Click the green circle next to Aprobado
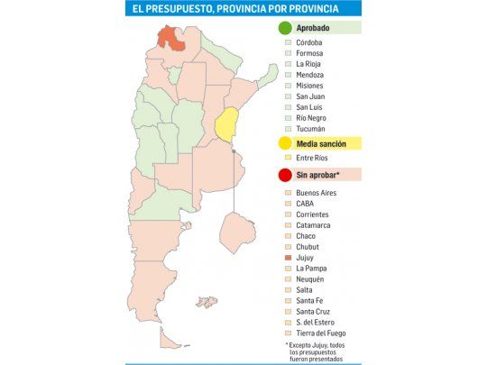(285, 28)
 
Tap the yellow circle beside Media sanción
(285, 143)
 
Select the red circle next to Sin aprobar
(285, 175)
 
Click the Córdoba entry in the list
(308, 42)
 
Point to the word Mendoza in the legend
(309, 74)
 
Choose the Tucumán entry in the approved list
(309, 128)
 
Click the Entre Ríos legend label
(313, 158)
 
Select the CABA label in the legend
(305, 204)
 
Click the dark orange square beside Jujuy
(287, 258)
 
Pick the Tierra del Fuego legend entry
(320, 333)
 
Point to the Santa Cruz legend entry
(313, 311)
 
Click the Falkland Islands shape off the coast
(207, 302)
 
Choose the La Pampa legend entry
(310, 269)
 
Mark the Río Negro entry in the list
(311, 117)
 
